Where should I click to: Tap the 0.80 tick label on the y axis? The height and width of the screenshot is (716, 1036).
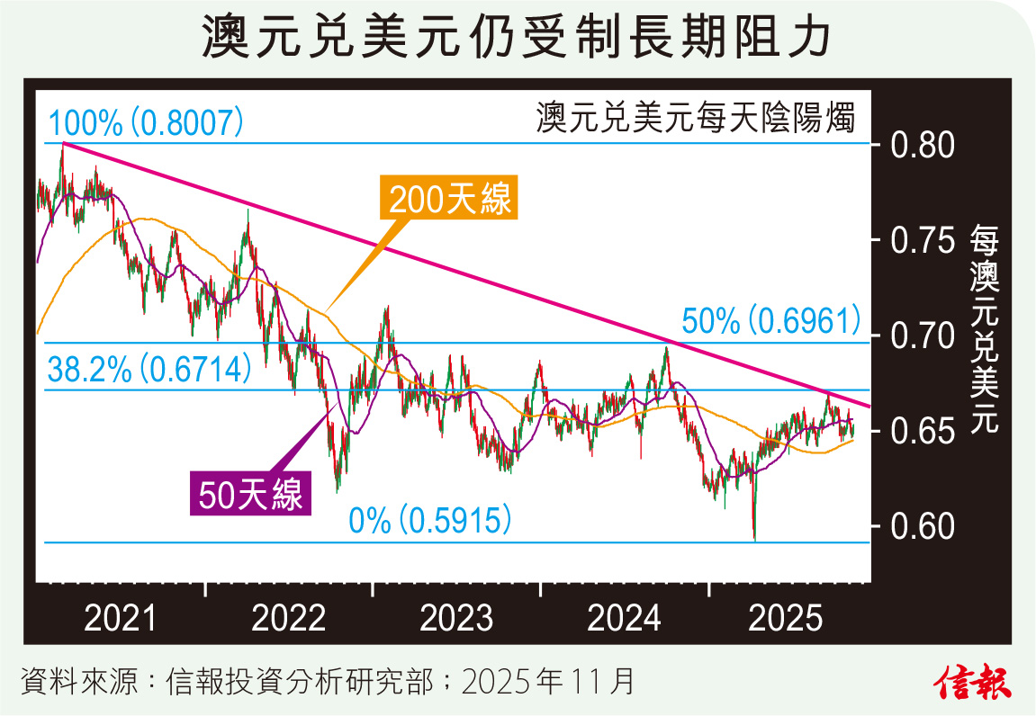click(923, 144)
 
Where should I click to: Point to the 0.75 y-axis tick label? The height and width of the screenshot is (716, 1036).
click(923, 241)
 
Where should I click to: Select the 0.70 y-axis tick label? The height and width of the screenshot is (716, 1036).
click(923, 337)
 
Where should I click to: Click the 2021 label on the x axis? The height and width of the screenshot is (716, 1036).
click(121, 620)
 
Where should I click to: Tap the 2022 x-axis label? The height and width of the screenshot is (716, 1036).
click(290, 620)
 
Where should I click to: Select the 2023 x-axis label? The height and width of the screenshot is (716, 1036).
click(457, 620)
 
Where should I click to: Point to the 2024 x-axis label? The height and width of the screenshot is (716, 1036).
click(625, 620)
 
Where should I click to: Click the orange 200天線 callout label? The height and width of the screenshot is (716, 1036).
click(451, 199)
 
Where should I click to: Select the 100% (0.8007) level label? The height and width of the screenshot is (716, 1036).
click(146, 123)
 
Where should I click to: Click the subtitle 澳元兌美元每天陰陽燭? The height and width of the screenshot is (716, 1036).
click(695, 118)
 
